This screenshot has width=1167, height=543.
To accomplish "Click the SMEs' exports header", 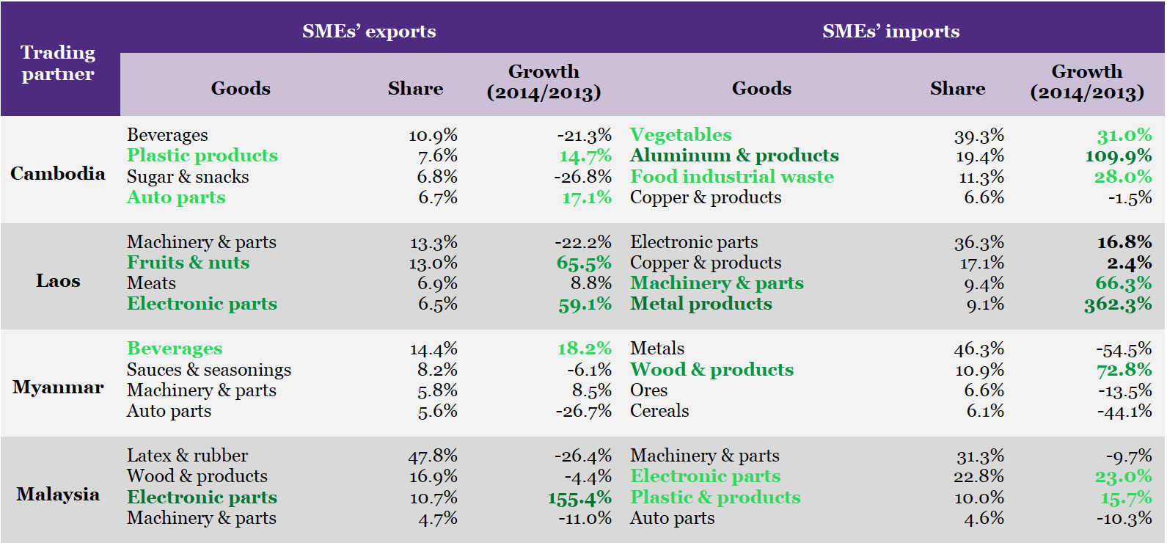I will (x=369, y=31).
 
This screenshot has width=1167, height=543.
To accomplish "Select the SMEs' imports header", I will (x=890, y=31).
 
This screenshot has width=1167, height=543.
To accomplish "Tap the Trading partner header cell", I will (x=58, y=63).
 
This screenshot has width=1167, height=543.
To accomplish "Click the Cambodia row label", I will (x=58, y=173).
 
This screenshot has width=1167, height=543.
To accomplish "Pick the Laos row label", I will (x=58, y=280).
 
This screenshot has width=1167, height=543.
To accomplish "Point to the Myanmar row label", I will (x=58, y=387).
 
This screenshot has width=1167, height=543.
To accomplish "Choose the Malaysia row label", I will (x=58, y=494).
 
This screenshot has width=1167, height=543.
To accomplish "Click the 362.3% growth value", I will (x=1118, y=304).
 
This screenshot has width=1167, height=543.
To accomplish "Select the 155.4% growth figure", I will (x=579, y=498).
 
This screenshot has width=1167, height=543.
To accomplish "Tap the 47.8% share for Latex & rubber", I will (x=433, y=456).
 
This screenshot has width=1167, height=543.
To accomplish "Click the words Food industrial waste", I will (x=732, y=176).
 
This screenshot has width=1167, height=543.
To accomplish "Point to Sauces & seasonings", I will (x=209, y=369).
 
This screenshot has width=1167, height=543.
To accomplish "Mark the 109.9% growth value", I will (x=1118, y=156).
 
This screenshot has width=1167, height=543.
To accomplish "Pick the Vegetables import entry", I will (x=681, y=134).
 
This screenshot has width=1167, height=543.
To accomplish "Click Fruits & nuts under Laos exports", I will (x=188, y=262).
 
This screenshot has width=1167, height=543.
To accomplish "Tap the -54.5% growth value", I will (x=1124, y=349).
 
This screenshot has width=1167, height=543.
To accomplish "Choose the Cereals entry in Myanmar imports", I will (x=659, y=411).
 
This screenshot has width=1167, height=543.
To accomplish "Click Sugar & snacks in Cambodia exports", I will (x=188, y=177).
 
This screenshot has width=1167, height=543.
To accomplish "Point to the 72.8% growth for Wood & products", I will (x=1124, y=370).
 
